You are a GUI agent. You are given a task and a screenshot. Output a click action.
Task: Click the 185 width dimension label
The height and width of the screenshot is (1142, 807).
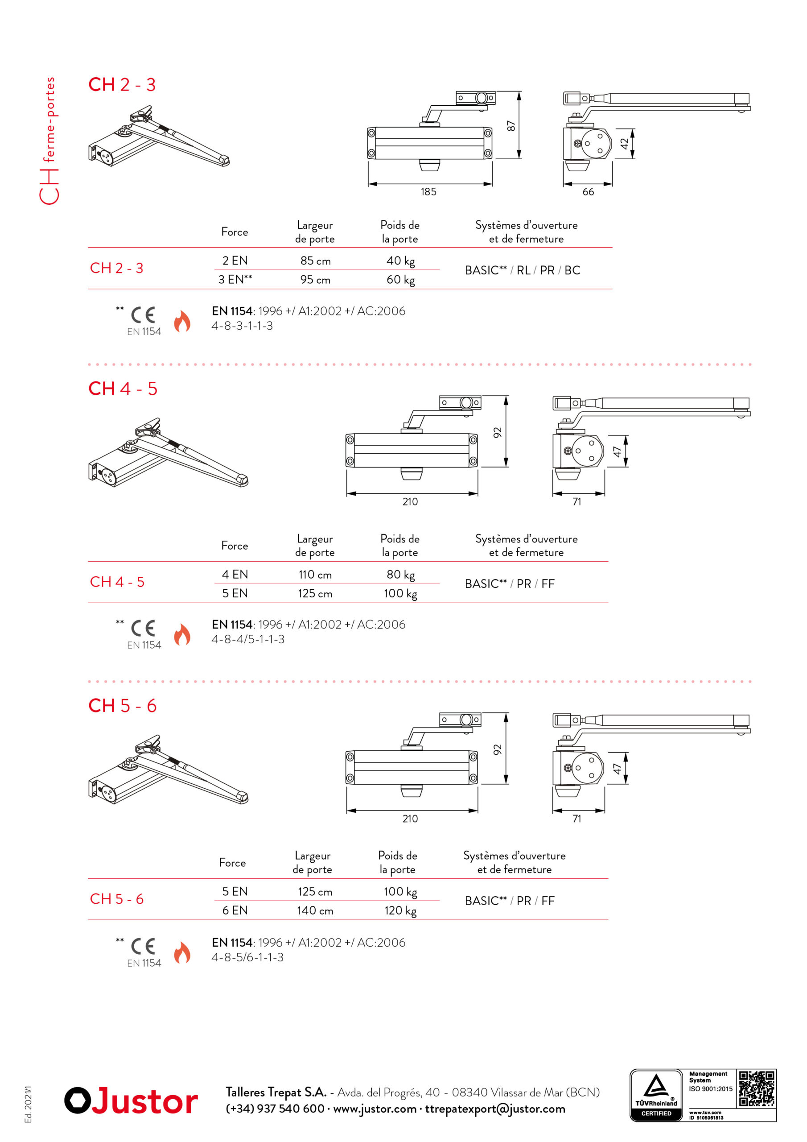[x=428, y=191]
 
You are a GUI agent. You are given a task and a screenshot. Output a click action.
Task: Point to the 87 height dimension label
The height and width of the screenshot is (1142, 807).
[x=511, y=126]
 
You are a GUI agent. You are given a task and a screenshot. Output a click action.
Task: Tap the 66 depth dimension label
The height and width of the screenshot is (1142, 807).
[x=588, y=191]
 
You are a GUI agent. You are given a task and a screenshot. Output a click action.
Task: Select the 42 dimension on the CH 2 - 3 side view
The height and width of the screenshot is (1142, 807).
[x=624, y=143]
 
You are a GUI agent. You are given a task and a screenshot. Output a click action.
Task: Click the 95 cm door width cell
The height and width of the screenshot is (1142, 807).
[x=315, y=280]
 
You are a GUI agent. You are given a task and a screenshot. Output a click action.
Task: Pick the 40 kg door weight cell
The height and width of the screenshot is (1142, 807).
[x=400, y=261]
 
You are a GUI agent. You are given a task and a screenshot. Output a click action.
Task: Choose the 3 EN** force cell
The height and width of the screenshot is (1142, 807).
[x=235, y=279]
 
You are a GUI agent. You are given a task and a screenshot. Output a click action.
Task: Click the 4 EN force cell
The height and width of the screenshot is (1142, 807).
[x=235, y=575]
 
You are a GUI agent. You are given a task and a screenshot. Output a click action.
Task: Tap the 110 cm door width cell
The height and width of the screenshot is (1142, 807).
[x=315, y=575]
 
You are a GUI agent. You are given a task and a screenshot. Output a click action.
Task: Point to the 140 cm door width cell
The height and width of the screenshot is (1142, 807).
[x=315, y=910]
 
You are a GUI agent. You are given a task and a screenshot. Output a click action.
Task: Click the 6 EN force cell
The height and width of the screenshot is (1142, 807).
[x=235, y=910]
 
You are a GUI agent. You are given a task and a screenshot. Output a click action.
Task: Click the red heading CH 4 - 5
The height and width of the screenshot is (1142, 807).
[x=123, y=389]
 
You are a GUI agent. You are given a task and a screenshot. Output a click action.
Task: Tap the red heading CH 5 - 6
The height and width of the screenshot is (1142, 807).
[x=122, y=705]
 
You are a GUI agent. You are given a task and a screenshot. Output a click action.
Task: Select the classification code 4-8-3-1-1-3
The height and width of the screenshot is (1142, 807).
[x=242, y=326]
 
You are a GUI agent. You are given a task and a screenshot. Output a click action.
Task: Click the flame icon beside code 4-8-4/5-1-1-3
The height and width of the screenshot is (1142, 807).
[x=182, y=635]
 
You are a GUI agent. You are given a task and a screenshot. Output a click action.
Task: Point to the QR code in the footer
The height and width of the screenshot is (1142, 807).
[x=756, y=1088]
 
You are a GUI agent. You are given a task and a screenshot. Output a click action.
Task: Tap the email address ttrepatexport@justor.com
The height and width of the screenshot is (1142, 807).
[x=495, y=1109]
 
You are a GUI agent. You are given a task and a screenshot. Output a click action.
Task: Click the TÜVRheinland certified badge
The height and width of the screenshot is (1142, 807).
[x=656, y=1095]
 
